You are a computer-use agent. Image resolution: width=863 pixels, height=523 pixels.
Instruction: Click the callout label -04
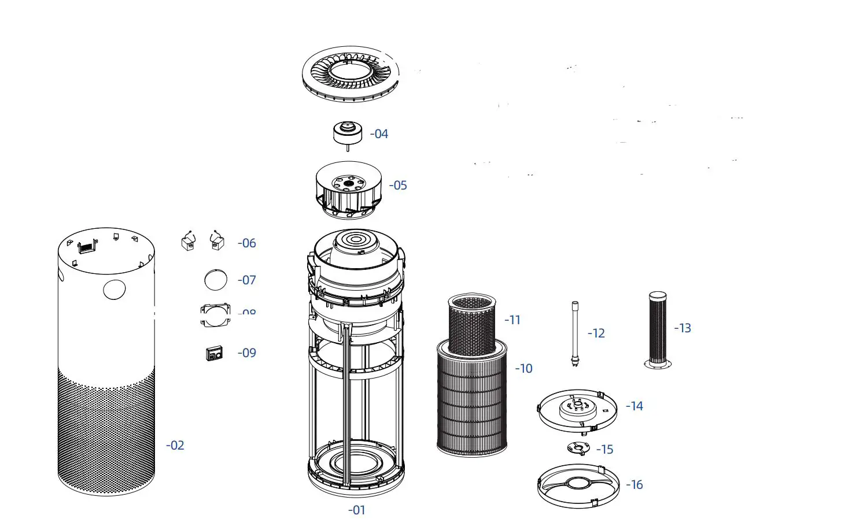tap(379, 134)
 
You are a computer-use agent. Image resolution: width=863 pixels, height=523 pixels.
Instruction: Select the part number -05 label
tap(399, 186)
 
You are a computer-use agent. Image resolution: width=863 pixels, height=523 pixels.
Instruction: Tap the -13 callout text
tap(683, 328)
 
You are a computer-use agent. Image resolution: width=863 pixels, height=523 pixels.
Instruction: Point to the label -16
tap(635, 485)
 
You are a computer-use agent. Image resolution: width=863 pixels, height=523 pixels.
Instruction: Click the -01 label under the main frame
tap(357, 510)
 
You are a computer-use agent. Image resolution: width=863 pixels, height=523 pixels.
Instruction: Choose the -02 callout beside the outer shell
tap(175, 446)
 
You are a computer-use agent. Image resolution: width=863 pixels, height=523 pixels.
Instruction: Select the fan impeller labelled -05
tap(348, 190)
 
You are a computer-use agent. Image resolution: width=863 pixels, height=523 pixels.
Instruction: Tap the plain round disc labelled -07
tap(216, 280)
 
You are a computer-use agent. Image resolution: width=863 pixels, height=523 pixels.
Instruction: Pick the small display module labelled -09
tap(214, 353)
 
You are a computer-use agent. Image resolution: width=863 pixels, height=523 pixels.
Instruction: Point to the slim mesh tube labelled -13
tap(658, 329)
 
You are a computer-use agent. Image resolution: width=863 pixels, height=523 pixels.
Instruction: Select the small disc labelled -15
tap(579, 448)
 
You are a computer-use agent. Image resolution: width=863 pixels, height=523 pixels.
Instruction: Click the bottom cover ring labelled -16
tap(578, 485)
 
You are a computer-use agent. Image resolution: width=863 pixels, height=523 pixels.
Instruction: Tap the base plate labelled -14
tap(578, 410)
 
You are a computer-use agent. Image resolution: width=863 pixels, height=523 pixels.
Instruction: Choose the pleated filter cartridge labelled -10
tap(472, 405)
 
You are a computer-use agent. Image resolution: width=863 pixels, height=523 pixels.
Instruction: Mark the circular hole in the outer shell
tap(115, 289)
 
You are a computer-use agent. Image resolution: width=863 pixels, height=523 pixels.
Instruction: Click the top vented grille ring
tap(351, 73)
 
